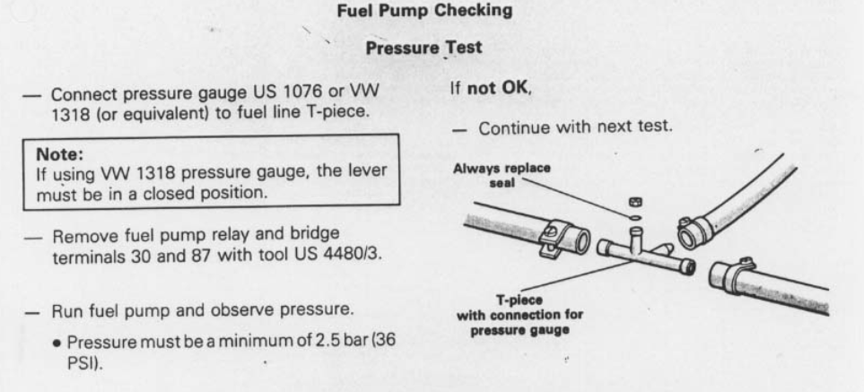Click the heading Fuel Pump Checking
tap(424, 11)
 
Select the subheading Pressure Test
tap(423, 48)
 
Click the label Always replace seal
tap(502, 175)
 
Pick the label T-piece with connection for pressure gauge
tap(519, 316)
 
